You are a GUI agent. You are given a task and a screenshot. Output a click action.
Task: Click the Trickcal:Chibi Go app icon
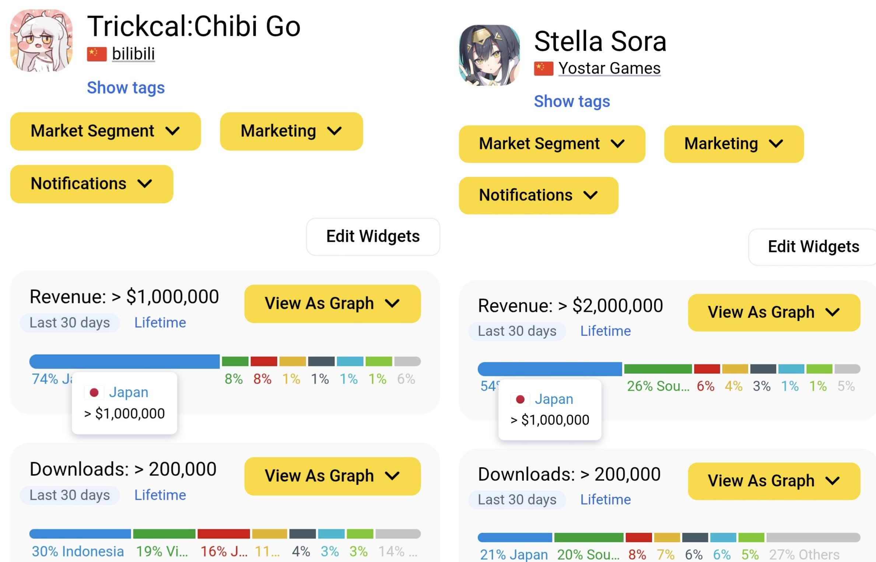pyautogui.click(x=41, y=41)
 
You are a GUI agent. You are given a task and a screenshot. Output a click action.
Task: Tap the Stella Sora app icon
pyautogui.click(x=489, y=55)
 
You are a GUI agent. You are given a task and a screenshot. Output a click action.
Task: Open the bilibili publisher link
pyautogui.click(x=133, y=54)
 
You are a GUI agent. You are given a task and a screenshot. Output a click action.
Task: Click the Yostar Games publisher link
pyautogui.click(x=609, y=69)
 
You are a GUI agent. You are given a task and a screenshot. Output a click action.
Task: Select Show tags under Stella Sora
pyautogui.click(x=572, y=101)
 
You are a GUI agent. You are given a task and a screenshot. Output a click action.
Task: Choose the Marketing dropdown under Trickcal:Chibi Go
pyautogui.click(x=291, y=131)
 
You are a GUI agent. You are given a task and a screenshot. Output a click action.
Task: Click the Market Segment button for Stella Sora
pyautogui.click(x=551, y=144)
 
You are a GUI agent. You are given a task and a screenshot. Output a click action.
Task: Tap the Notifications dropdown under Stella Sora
pyautogui.click(x=538, y=195)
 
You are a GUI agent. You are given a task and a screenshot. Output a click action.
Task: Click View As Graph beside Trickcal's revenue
pyautogui.click(x=332, y=304)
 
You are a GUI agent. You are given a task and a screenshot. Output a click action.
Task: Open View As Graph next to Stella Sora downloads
pyautogui.click(x=774, y=481)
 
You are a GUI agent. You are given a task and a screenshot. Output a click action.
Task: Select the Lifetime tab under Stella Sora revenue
pyautogui.click(x=605, y=331)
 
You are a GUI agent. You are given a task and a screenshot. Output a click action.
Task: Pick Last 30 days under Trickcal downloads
pyautogui.click(x=70, y=495)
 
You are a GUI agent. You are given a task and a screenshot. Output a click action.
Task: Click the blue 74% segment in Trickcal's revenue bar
pyautogui.click(x=124, y=362)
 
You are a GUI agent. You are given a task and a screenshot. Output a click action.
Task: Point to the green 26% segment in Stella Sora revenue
pyautogui.click(x=658, y=369)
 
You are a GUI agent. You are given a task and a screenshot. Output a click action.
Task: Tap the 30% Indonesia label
pyautogui.click(x=78, y=551)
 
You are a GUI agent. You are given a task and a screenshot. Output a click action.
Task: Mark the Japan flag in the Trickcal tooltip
pyautogui.click(x=94, y=392)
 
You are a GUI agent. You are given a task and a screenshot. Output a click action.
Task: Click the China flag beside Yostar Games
pyautogui.click(x=543, y=69)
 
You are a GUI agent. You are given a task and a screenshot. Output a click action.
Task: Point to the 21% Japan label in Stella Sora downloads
pyautogui.click(x=514, y=554)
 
